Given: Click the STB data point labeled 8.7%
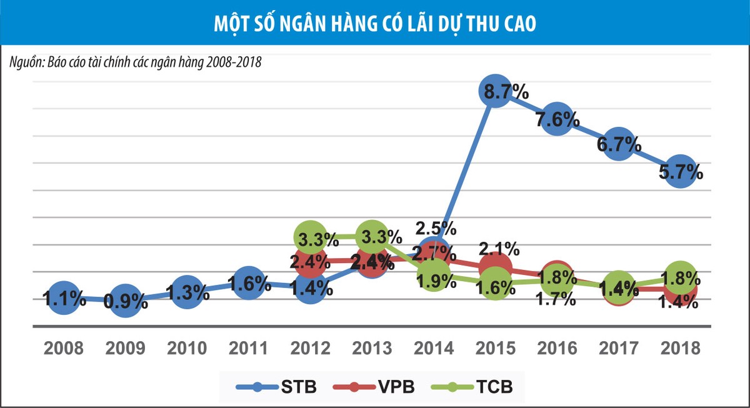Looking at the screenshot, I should click(x=495, y=92).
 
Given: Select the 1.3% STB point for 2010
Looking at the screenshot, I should click(x=186, y=291).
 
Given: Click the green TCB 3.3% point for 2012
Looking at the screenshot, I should click(x=310, y=237).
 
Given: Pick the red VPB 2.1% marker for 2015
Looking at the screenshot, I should click(x=495, y=269).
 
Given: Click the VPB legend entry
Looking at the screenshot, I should click(x=375, y=387).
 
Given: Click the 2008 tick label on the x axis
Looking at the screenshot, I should click(x=63, y=348).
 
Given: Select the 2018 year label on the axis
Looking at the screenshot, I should click(x=681, y=348).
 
